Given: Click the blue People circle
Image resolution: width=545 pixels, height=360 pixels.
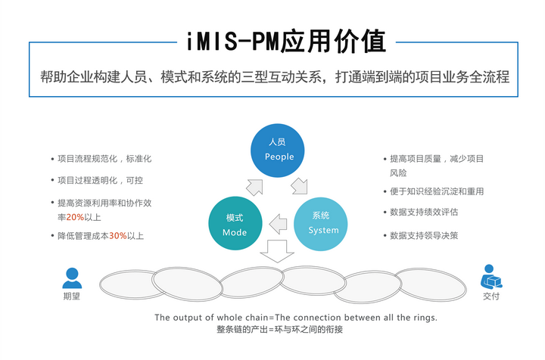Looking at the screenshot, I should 279,150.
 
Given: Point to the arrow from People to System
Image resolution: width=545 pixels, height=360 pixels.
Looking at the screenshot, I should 301,184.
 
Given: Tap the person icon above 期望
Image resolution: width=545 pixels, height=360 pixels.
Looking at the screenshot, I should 72,278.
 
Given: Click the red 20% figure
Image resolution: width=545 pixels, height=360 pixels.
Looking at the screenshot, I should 74,217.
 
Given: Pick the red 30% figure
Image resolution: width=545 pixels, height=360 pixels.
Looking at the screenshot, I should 117,236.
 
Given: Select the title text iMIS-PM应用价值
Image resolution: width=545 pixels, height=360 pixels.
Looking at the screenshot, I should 279,41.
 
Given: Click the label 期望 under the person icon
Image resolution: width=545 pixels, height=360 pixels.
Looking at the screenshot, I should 72,296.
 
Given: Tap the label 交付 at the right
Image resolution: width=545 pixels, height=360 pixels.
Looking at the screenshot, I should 491,296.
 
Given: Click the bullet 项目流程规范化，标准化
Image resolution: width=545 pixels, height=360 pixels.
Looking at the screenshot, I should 104,160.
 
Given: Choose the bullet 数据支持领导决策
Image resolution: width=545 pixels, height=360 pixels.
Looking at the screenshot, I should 423,235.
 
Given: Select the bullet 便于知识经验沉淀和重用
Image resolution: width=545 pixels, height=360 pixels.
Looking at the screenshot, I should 436,191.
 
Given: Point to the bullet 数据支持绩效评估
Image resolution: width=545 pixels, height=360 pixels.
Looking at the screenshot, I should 423,213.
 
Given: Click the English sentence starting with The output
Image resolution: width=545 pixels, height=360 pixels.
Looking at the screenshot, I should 296,317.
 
